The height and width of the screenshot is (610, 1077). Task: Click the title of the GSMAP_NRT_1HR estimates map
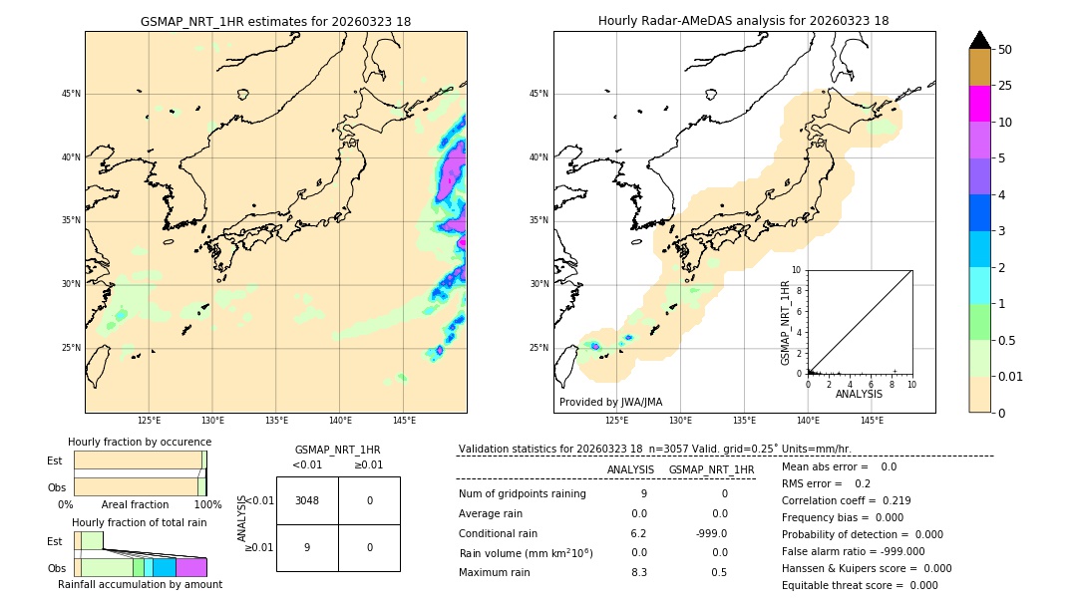pos(275,21)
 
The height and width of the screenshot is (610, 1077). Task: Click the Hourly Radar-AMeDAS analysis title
pos(743,21)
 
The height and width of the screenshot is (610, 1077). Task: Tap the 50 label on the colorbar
pos(1005,50)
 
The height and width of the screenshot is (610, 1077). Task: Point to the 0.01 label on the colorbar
pos(1011,376)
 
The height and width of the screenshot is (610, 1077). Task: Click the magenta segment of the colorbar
pos(979,104)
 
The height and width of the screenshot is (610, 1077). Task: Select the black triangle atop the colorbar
pos(979,40)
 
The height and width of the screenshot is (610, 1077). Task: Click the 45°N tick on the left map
pos(71,94)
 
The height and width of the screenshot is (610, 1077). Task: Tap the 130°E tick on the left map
pos(212,421)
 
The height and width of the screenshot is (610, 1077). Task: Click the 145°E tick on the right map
pos(872,421)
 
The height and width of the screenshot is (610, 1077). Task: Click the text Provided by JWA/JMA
pos(610,403)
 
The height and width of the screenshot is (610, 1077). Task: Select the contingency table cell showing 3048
pos(307,500)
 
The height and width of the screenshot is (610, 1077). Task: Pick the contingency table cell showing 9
pos(307,547)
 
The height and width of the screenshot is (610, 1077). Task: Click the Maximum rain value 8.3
pos(638,572)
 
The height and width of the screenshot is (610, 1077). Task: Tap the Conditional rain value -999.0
pos(712,533)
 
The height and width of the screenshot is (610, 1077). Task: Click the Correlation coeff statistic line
pos(846,500)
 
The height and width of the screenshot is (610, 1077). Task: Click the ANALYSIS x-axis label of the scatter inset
pos(859,395)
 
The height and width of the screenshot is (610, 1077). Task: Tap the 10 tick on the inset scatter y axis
pos(797,269)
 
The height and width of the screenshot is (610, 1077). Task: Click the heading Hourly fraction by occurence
pos(140,442)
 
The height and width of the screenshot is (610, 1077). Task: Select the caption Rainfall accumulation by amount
pos(140,585)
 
